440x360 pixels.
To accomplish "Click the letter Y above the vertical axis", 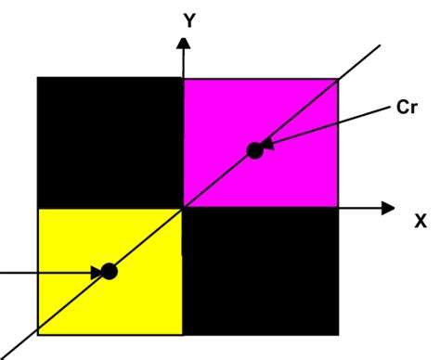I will click(x=189, y=20).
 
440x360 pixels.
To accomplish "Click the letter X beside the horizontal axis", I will click(x=421, y=221).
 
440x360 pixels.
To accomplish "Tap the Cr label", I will click(x=406, y=107).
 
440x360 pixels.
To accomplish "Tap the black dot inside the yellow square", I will click(x=110, y=271).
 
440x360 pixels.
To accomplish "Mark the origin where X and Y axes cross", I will click(x=184, y=208).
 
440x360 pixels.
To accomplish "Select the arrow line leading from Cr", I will click(x=334, y=124).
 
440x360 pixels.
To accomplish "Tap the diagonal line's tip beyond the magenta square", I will click(x=379, y=45).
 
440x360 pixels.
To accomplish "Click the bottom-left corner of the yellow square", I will click(x=39, y=333).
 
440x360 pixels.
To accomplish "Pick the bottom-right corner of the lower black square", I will click(x=336, y=333).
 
